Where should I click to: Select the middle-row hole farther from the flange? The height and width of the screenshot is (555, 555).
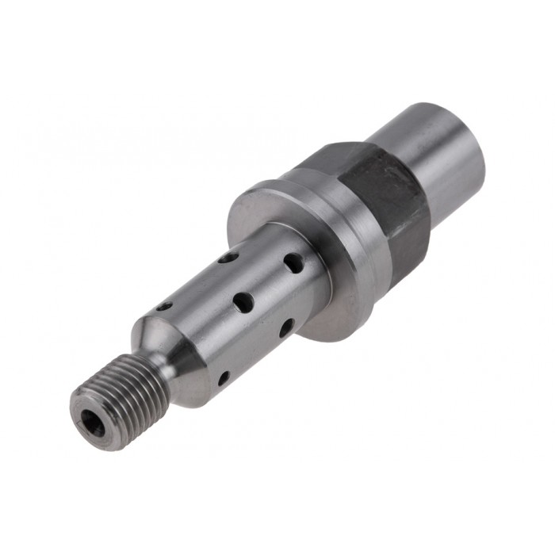pyautogui.click(x=243, y=302)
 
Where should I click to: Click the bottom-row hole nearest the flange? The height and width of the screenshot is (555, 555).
pyautogui.click(x=286, y=327)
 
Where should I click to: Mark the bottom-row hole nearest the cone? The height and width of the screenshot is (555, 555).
pyautogui.click(x=224, y=377)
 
